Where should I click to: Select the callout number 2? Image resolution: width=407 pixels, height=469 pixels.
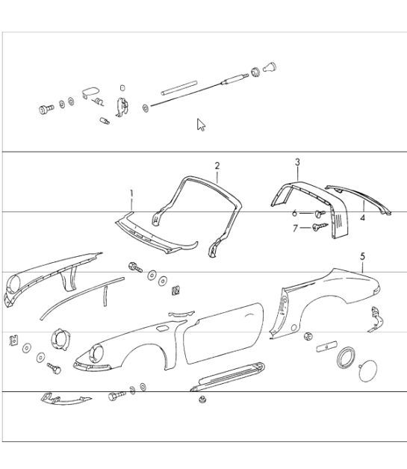point(217,166)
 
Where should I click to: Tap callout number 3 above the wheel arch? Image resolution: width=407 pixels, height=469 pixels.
point(297,162)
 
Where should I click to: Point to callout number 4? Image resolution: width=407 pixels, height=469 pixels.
point(362,217)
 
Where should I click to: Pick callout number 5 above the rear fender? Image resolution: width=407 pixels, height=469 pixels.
point(363,256)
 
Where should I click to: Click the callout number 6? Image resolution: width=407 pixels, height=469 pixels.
point(294,213)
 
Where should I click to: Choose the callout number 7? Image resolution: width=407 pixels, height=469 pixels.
point(295,229)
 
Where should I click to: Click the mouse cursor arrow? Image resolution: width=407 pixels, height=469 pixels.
point(201,125)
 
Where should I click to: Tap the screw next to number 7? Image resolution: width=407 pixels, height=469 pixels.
point(320,227)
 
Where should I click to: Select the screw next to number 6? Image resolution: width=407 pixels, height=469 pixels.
point(320,213)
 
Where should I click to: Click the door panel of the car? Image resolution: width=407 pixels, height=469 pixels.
point(223,332)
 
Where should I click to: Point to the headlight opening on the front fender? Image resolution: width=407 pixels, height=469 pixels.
point(96,353)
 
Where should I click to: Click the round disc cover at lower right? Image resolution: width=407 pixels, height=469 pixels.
point(367,371)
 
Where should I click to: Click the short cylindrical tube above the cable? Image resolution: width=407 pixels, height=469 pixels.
point(179,88)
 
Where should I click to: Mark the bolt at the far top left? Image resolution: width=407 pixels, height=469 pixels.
point(46,109)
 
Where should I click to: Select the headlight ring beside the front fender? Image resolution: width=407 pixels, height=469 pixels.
point(60,340)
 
